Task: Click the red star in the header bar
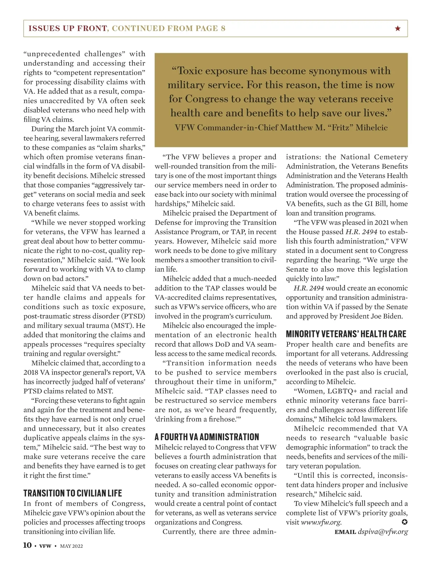pos(398,29)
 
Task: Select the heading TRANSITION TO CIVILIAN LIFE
pos(73,493)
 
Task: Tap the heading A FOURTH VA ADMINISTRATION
pos(207,437)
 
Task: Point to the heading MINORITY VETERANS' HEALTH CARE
pos(346,334)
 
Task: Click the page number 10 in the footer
pos(27,545)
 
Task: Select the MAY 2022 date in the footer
pos(71,546)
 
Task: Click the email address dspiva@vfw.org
pos(383,532)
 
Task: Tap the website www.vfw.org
pos(321,522)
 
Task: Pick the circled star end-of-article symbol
pos(404,522)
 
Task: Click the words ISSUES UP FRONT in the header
pos(68,29)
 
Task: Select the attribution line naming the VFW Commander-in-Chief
pos(281,127)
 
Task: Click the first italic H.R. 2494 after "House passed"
pos(361,232)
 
